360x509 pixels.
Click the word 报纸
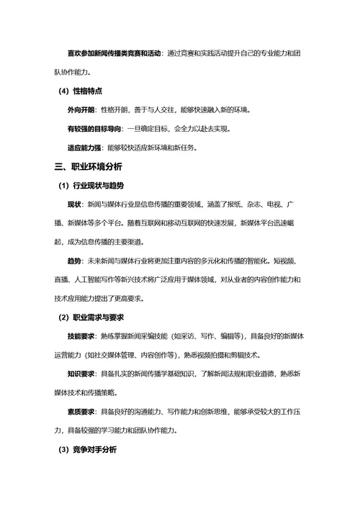[235, 204]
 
